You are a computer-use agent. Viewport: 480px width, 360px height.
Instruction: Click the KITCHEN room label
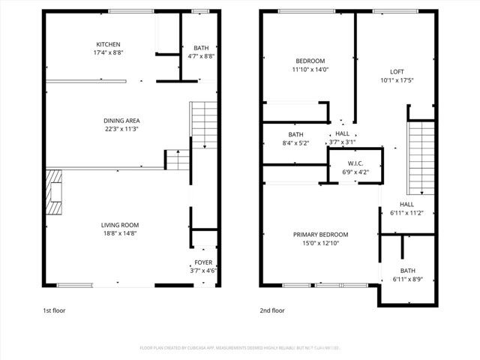[108, 44]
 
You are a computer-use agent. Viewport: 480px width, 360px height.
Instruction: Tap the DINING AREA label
[121, 120]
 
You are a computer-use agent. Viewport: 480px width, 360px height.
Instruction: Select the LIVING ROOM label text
[120, 225]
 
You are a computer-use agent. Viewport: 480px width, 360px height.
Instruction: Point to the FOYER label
[203, 262]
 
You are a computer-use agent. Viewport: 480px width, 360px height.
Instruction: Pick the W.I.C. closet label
[355, 163]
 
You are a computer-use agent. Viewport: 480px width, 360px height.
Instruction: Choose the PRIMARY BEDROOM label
[320, 235]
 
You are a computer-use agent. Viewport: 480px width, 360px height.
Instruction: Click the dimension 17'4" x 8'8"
[108, 53]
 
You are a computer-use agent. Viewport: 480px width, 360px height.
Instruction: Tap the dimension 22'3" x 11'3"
[121, 129]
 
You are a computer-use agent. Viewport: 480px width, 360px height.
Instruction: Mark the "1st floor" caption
[53, 310]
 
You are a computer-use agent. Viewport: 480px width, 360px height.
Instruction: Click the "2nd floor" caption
[272, 310]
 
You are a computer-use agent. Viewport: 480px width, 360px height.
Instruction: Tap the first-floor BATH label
[202, 47]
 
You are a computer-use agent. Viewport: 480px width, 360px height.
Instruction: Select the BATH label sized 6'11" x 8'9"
[407, 271]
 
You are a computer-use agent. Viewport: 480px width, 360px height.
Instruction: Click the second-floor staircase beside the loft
[421, 157]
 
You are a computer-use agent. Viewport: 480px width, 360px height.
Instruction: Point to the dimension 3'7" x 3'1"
[342, 141]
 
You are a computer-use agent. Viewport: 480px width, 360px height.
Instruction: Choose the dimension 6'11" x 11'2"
[406, 213]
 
